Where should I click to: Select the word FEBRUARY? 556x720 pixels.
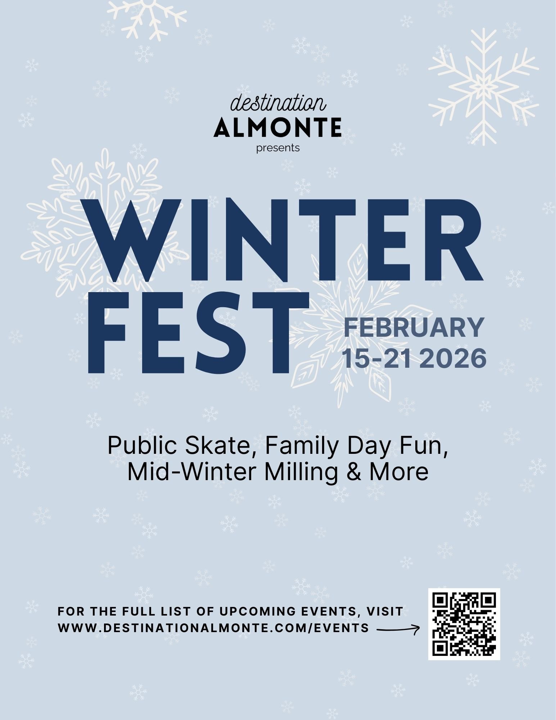pos(413,327)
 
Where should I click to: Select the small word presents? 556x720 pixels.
pos(278,148)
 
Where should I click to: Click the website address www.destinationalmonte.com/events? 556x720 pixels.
pos(213,628)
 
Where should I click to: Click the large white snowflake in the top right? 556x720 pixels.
pos(483,86)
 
